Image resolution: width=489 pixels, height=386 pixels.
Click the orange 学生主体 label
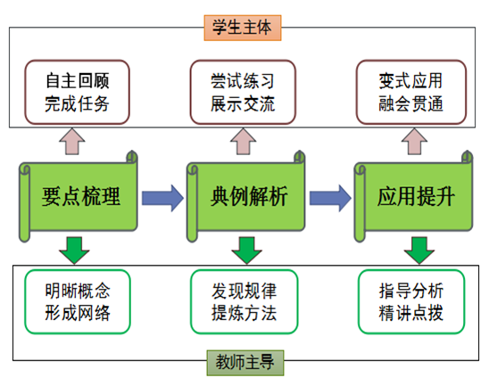click(243, 28)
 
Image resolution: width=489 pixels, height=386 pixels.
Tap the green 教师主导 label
click(245, 363)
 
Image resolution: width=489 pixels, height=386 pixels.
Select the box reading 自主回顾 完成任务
click(77, 92)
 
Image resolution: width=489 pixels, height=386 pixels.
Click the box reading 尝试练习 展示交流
click(243, 92)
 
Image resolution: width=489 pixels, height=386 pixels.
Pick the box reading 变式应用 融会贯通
click(411, 92)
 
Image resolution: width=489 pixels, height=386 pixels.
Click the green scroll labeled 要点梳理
click(79, 196)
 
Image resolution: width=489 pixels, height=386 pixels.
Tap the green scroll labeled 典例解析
click(246, 196)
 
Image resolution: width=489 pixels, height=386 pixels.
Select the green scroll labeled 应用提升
click(413, 196)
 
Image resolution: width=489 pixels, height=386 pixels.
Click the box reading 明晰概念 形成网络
click(78, 301)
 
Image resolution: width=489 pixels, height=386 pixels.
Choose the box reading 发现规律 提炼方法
click(244, 301)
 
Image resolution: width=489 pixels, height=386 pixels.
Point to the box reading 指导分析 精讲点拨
click(411, 301)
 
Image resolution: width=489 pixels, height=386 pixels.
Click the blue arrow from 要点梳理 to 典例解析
click(162, 198)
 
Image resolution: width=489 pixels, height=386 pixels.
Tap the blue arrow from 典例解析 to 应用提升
click(330, 198)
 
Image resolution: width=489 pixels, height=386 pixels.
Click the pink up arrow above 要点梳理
click(72, 142)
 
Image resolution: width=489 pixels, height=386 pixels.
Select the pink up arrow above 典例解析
click(244, 142)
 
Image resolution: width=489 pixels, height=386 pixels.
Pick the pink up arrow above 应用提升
click(414, 142)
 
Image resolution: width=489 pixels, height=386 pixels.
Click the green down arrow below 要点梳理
click(74, 250)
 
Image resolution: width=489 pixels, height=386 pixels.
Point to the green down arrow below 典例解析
click(246, 250)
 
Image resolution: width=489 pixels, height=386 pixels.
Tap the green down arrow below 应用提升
click(419, 250)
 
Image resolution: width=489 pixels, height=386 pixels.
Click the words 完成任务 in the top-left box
click(77, 103)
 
